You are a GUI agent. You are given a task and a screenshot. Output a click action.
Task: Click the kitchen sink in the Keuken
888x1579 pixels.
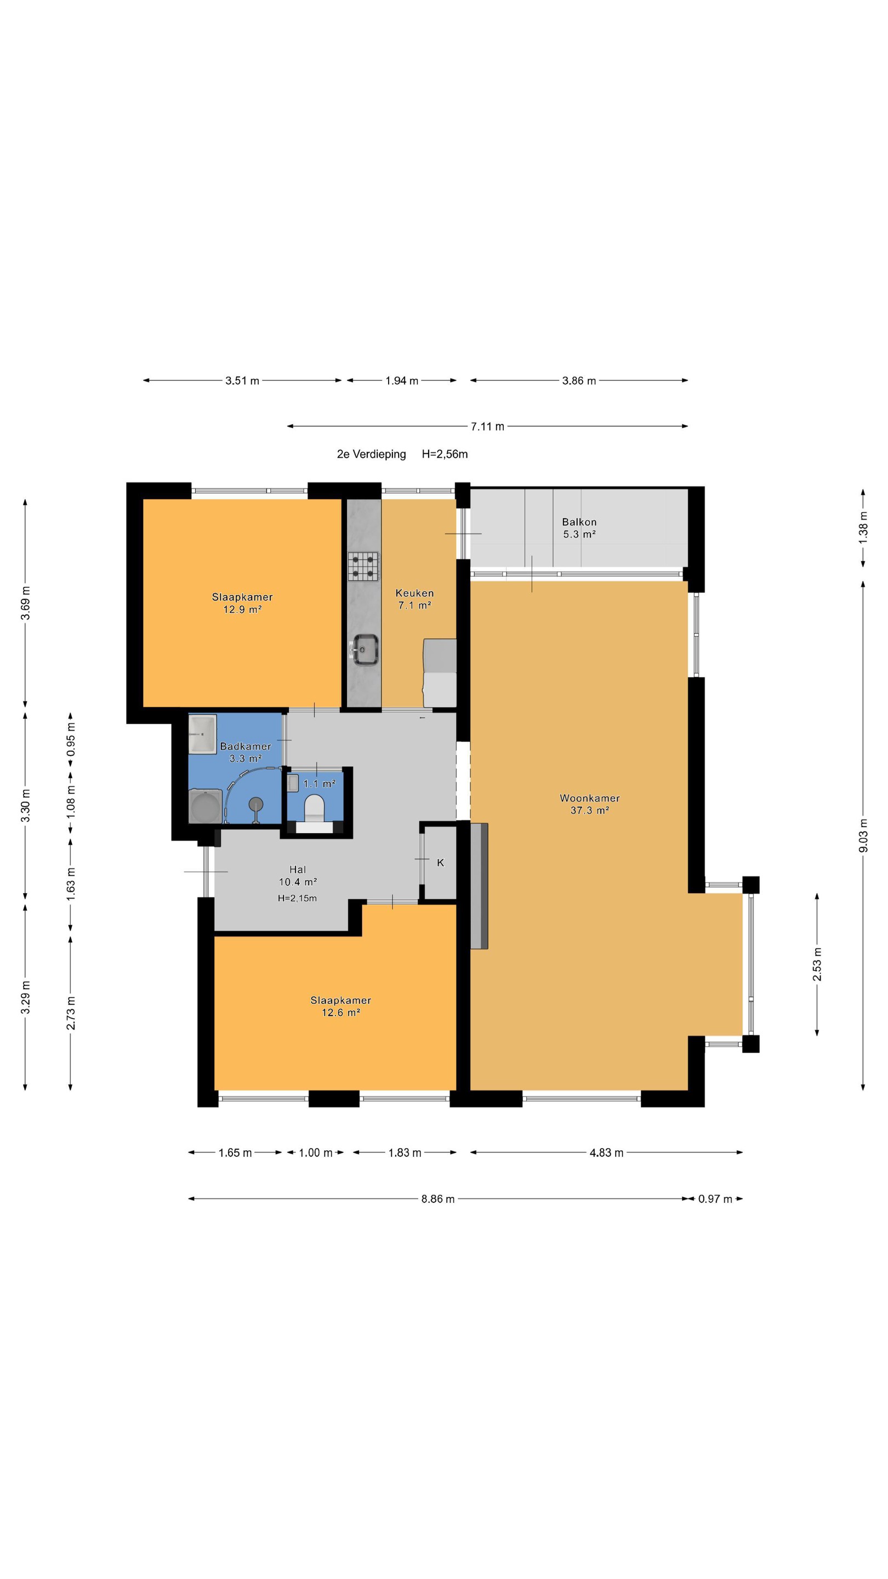[x=365, y=649]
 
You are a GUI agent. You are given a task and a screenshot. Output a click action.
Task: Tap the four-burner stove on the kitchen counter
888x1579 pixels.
[x=363, y=566]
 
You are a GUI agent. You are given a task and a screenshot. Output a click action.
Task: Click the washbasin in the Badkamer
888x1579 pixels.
[x=202, y=734]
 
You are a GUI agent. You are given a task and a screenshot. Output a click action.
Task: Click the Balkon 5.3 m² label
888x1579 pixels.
[x=579, y=528]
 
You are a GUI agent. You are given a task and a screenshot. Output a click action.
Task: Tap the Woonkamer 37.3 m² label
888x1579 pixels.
[x=590, y=804]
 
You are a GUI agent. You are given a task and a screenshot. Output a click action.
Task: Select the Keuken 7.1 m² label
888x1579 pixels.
[x=415, y=599]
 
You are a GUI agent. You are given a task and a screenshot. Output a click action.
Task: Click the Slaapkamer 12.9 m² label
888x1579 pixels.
[x=243, y=603]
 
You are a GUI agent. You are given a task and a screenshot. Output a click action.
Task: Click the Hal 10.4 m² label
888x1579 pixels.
[x=298, y=876]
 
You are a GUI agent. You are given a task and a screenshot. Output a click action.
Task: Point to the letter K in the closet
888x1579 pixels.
[x=440, y=862]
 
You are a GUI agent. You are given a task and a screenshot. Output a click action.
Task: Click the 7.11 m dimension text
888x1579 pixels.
[x=487, y=427]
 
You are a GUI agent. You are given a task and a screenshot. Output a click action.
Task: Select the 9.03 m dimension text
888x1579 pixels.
[x=863, y=835]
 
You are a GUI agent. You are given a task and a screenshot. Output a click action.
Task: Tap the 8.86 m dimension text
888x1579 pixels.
[x=437, y=1199]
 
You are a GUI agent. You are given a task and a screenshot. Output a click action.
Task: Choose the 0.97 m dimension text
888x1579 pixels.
[x=715, y=1199]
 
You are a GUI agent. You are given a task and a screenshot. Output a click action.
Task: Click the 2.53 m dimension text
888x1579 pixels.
[x=817, y=964]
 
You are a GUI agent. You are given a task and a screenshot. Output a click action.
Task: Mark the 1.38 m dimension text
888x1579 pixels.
[x=863, y=527]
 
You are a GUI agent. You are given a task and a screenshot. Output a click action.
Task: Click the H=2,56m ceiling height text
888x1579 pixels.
[x=445, y=454]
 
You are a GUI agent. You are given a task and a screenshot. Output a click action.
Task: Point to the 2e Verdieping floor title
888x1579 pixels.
[x=372, y=454]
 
